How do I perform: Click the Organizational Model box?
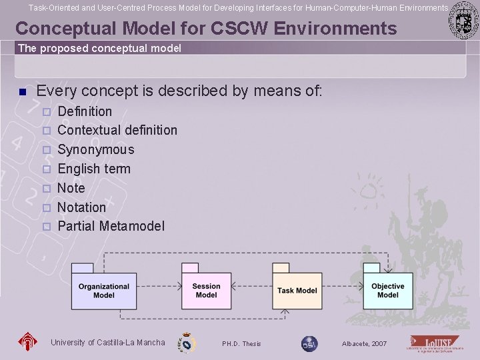[103, 291]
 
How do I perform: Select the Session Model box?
[206, 291]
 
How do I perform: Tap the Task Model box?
[297, 291]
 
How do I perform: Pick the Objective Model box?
[387, 291]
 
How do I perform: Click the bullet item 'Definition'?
[85, 111]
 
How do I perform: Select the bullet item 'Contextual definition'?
[117, 130]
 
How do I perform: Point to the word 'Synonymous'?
[96, 149]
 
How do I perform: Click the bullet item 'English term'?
[94, 169]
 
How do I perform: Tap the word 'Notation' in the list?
[82, 207]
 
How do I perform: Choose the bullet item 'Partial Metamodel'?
[111, 226]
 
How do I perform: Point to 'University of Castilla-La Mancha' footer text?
[107, 343]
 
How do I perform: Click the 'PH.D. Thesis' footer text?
[241, 344]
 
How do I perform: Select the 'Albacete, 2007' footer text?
[364, 344]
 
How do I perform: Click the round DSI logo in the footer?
[309, 343]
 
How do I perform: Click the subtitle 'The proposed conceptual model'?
[99, 49]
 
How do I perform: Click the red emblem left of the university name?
[28, 343]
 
